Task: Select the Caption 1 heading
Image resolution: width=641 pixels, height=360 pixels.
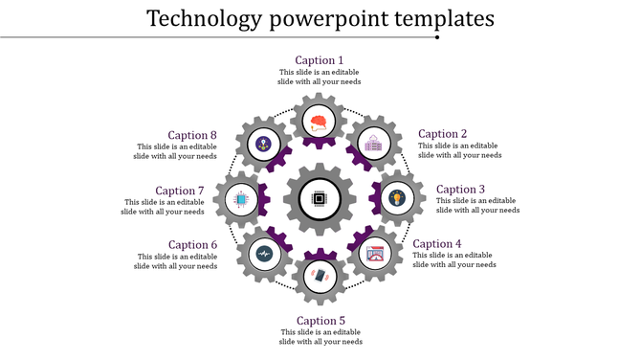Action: pyautogui.click(x=320, y=60)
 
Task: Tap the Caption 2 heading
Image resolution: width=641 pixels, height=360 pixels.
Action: pyautogui.click(x=443, y=134)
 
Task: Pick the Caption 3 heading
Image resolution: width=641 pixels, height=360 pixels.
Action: pyautogui.click(x=462, y=190)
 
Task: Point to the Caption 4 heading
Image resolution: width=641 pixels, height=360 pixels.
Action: pyautogui.click(x=437, y=244)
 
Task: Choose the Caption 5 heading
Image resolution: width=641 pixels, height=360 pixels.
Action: pyautogui.click(x=320, y=321)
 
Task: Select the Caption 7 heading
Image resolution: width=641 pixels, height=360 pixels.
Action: pyautogui.click(x=180, y=191)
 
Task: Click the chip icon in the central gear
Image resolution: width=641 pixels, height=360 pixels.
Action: pyautogui.click(x=320, y=200)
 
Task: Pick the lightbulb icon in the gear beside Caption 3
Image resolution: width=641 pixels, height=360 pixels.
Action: pyautogui.click(x=396, y=197)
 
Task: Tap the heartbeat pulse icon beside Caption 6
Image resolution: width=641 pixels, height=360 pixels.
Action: pyautogui.click(x=264, y=255)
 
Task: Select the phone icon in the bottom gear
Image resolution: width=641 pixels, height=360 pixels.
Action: pyautogui.click(x=320, y=277)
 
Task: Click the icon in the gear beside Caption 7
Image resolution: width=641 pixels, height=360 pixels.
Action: pyautogui.click(x=241, y=200)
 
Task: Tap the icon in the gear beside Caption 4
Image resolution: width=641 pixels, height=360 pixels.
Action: pyautogui.click(x=376, y=254)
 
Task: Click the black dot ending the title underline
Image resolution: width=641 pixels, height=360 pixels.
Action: pyautogui.click(x=437, y=38)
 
